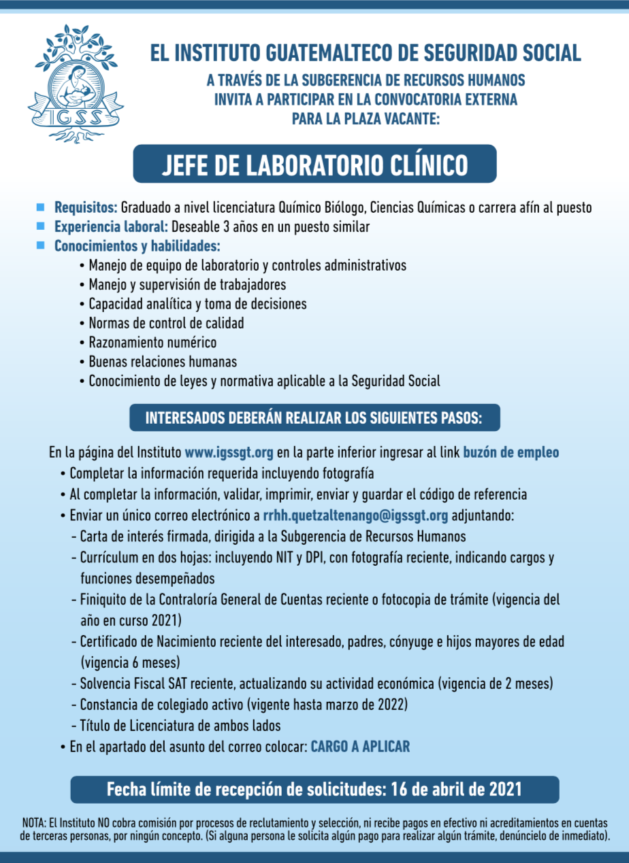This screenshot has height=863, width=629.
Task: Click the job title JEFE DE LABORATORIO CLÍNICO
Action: [x=314, y=165]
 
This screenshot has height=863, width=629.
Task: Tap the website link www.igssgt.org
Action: [x=229, y=452]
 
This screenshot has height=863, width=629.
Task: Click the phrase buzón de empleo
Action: [x=511, y=452]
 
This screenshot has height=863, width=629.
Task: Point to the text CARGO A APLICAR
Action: [x=360, y=747]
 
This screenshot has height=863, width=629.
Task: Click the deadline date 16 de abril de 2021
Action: [x=455, y=790]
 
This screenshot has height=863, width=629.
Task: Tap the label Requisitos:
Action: [x=86, y=207]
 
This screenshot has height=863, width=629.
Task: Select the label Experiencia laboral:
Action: [x=111, y=226]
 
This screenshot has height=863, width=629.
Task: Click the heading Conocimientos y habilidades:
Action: [x=137, y=246]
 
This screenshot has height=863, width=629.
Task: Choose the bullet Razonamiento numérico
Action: [x=152, y=343]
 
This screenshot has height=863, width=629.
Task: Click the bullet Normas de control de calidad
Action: [x=166, y=323]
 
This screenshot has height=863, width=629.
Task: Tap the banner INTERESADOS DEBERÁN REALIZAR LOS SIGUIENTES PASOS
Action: [x=314, y=418]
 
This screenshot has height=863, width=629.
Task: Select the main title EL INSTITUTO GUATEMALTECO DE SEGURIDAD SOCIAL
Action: [x=366, y=53]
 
